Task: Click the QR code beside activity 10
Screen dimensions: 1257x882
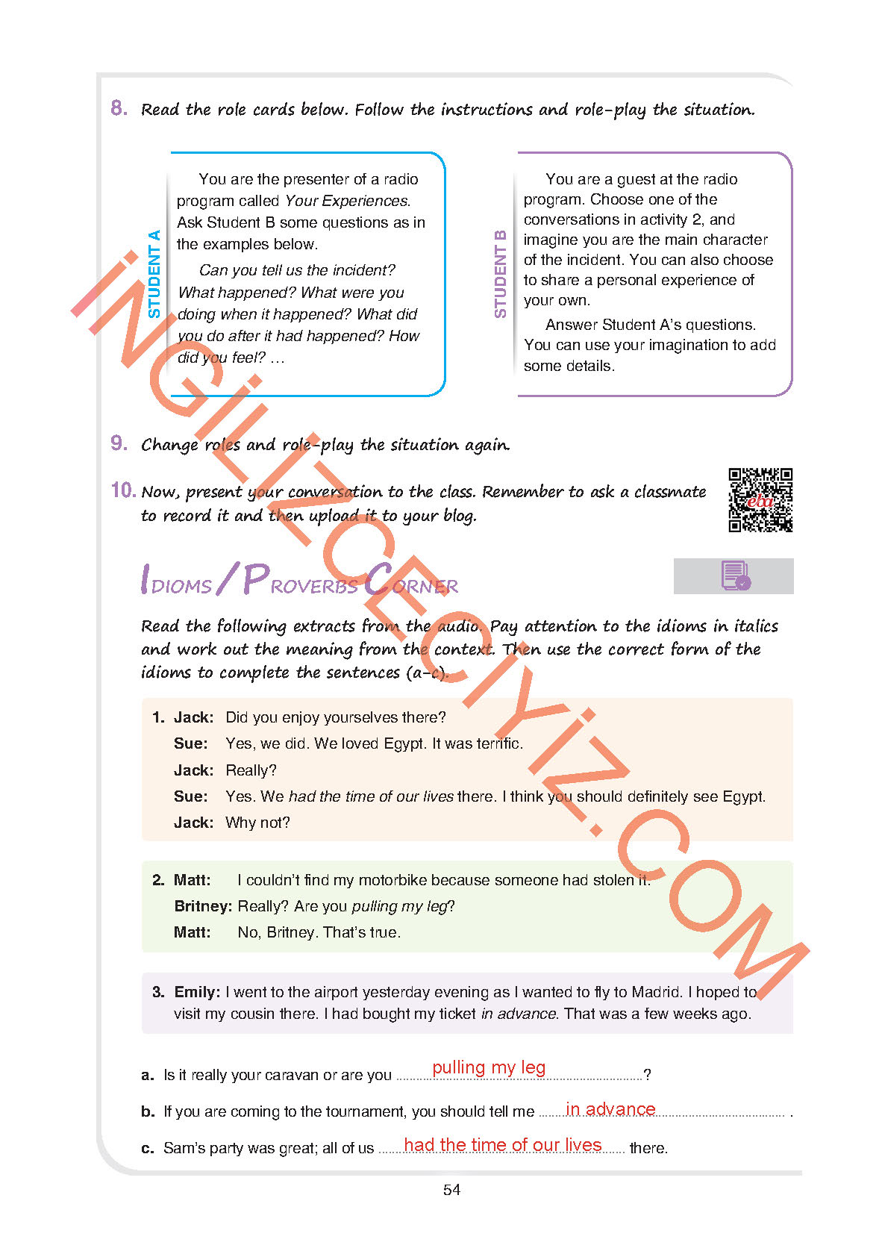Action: pyautogui.click(x=760, y=500)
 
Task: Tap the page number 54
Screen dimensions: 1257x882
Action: pyautogui.click(x=451, y=1190)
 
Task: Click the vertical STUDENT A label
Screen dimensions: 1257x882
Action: pyautogui.click(x=154, y=274)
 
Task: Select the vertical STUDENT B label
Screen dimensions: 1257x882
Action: pyautogui.click(x=500, y=274)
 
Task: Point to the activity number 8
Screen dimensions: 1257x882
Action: pyautogui.click(x=119, y=108)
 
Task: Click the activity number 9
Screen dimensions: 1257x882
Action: pyautogui.click(x=119, y=443)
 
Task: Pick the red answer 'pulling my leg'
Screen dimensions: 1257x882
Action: pyautogui.click(x=489, y=1067)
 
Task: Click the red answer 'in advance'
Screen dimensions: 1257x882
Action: pyautogui.click(x=610, y=1109)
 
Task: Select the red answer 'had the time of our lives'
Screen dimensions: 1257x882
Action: pyautogui.click(x=502, y=1145)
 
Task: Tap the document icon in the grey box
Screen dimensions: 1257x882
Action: pyautogui.click(x=735, y=576)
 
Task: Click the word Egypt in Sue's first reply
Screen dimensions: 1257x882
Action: pyautogui.click(x=405, y=743)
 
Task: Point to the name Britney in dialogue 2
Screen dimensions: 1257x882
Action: pyautogui.click(x=202, y=906)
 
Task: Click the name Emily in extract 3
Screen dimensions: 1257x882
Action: pyautogui.click(x=196, y=992)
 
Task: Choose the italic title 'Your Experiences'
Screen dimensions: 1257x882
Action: pyautogui.click(x=347, y=201)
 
